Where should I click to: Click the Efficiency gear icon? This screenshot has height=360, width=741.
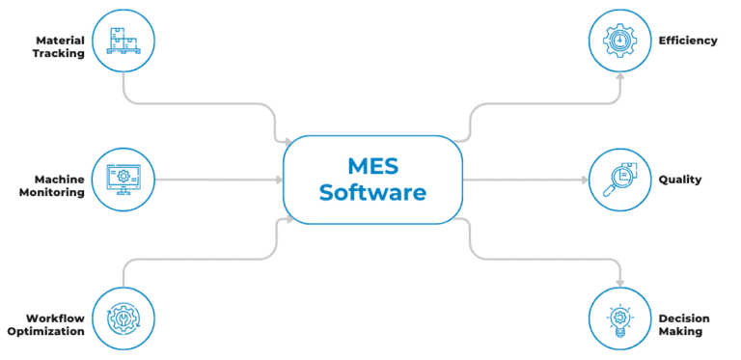click(x=617, y=41)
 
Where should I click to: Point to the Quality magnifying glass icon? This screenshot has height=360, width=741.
click(x=617, y=179)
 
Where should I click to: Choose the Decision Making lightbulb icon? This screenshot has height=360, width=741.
click(x=617, y=318)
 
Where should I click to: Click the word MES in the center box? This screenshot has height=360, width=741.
click(x=372, y=165)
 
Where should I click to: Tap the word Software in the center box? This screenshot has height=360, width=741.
click(x=372, y=192)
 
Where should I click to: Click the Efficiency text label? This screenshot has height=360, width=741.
click(x=687, y=41)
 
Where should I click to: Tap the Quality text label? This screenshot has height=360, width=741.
click(x=679, y=179)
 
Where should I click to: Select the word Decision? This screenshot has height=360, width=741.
click(x=684, y=318)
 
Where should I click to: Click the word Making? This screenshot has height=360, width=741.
click(x=680, y=331)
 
